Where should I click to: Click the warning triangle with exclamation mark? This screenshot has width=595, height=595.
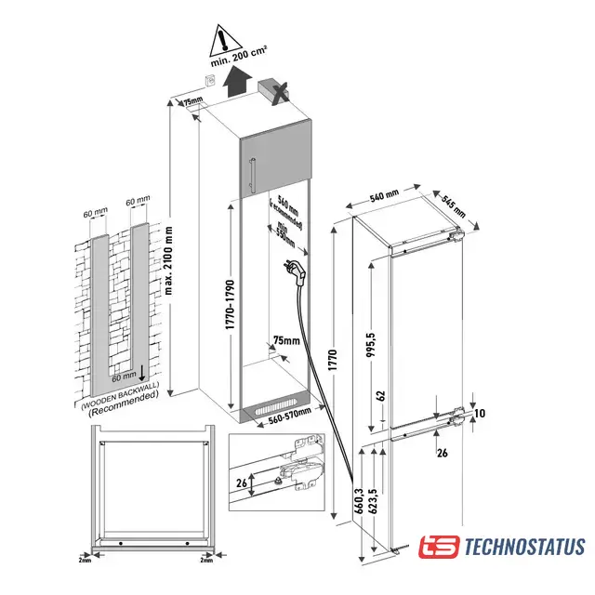(221, 38)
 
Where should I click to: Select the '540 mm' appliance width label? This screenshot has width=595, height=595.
(384, 196)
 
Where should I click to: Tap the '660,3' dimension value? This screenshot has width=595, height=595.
(360, 501)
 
